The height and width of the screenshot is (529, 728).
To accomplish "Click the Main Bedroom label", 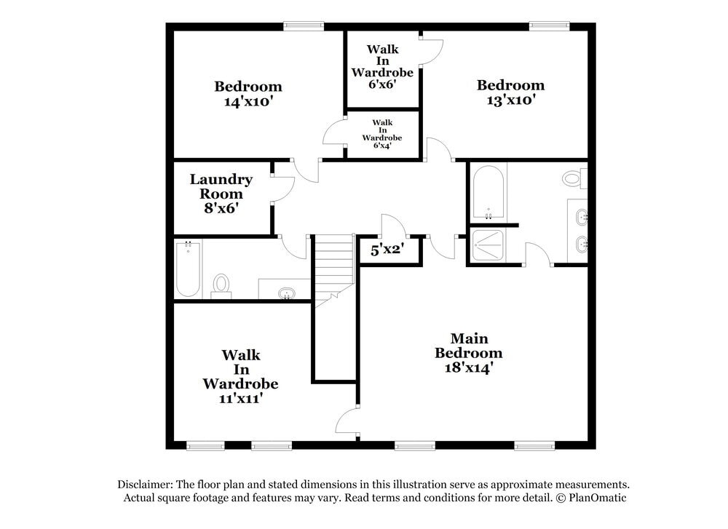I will (x=469, y=346).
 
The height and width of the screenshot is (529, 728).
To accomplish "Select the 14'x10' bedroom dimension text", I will (x=248, y=102).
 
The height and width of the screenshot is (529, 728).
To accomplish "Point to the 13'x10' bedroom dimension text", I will (x=510, y=100).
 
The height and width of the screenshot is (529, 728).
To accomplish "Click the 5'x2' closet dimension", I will (x=387, y=250).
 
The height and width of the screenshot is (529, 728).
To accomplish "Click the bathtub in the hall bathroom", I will (x=188, y=270).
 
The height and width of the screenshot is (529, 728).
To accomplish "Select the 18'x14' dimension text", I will (x=469, y=368).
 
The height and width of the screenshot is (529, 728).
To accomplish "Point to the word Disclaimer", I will (x=144, y=485).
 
